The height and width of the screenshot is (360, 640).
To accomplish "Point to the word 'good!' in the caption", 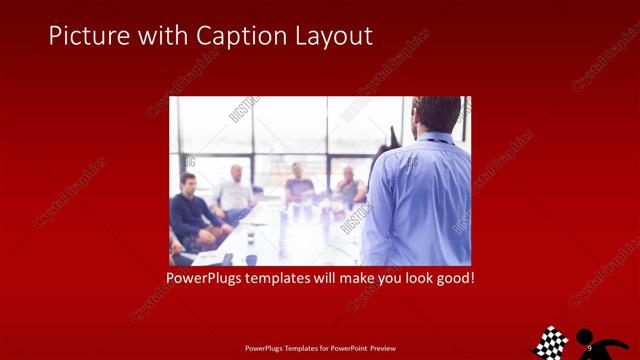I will (453, 277).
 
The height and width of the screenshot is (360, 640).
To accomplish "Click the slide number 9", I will (590, 347).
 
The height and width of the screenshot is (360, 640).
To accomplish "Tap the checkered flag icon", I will (549, 342).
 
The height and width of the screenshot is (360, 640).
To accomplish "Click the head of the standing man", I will (437, 115).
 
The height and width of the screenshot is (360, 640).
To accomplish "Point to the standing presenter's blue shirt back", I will (418, 200).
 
